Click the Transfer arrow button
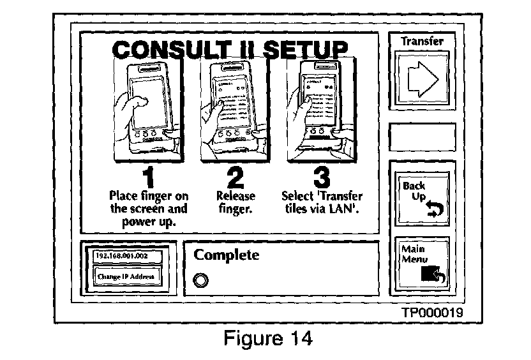pos(422,77)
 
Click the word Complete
pos(227,255)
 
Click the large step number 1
pos(148,176)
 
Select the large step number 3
pos(322,176)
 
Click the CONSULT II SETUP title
pos(230,49)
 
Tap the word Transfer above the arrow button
pos(422,41)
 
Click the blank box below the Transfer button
pos(422,137)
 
